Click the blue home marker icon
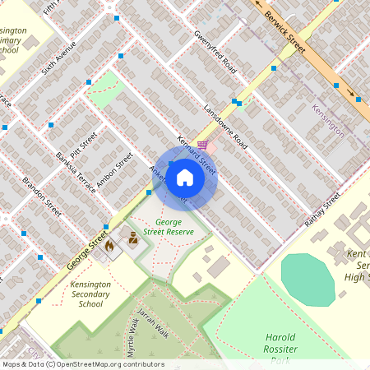click(185, 178)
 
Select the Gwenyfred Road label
click(215, 53)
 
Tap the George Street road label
click(86, 248)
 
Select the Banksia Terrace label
click(72, 172)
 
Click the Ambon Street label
click(114, 172)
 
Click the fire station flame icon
click(108, 245)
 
